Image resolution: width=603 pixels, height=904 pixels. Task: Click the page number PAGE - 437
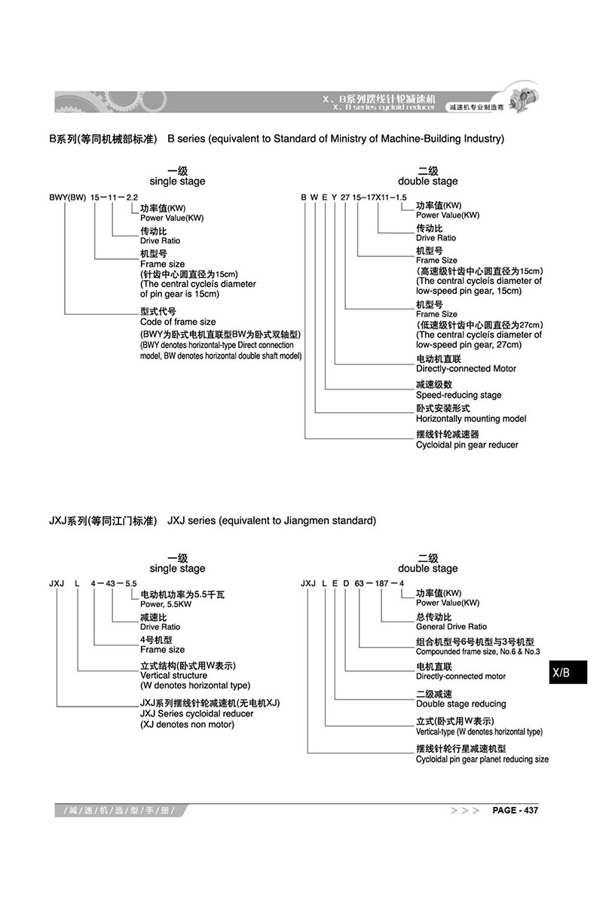(x=515, y=811)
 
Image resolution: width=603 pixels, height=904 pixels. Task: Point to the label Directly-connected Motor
(x=466, y=369)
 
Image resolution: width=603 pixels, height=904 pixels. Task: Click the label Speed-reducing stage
(x=458, y=395)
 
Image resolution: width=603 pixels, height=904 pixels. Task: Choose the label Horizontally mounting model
(x=471, y=419)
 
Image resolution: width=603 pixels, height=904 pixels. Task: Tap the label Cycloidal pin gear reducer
(x=467, y=445)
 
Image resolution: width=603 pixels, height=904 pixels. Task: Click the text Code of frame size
(x=178, y=322)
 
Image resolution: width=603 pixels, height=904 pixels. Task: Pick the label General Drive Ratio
(x=451, y=627)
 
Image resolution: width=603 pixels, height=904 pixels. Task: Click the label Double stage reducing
(x=461, y=704)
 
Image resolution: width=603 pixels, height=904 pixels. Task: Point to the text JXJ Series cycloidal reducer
(x=197, y=713)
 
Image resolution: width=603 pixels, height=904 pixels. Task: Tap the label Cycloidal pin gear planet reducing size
(x=482, y=759)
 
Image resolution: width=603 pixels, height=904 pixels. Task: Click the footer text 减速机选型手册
(x=121, y=811)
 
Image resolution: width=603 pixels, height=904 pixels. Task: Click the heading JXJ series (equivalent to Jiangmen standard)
(x=271, y=521)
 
